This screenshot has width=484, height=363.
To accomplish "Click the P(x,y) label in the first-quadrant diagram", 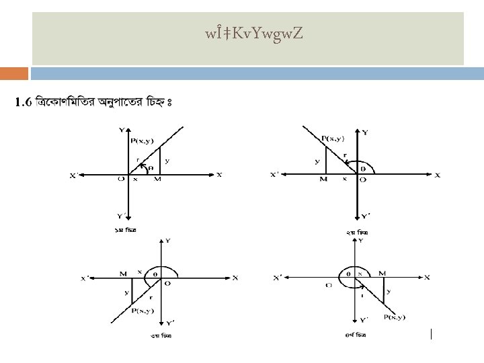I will tap(142, 140).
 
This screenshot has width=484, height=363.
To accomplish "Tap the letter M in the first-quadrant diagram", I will tap(157, 179).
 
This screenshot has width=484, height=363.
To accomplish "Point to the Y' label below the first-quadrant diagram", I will tap(121, 216).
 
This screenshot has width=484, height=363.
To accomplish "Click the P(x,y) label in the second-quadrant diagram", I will tap(333, 138).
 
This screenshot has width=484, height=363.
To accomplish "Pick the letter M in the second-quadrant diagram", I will tap(323, 179).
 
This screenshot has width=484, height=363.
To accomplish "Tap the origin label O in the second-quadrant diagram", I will tap(363, 179).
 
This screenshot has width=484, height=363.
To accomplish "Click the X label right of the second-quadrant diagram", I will tap(438, 175).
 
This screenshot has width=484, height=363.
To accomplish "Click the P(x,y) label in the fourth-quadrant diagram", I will tap(395, 317).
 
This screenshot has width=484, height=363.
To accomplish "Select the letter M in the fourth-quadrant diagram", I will tap(382, 272).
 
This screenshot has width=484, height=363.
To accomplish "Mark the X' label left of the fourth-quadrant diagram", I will tap(278, 278).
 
